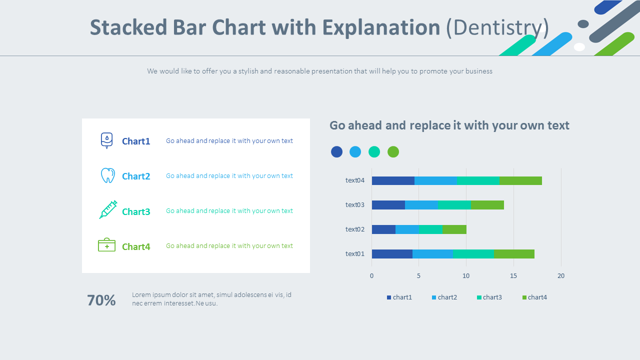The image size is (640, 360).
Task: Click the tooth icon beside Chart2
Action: [x=107, y=175]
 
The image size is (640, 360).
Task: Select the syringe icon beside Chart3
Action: [x=108, y=209]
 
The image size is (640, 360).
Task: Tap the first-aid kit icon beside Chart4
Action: [x=106, y=245]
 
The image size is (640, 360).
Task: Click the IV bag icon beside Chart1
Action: [x=106, y=140]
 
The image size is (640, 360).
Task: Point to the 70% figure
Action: [x=101, y=300]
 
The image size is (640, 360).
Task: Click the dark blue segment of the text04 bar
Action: [x=393, y=180]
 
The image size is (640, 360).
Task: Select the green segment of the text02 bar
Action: [x=454, y=229]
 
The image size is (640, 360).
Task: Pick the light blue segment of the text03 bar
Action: [x=421, y=205]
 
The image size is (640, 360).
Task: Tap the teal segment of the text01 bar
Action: [x=473, y=254]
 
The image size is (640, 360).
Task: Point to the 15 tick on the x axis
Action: [x=513, y=275]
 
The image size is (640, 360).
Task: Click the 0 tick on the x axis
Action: [x=371, y=275]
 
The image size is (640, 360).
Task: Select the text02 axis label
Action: [x=355, y=229]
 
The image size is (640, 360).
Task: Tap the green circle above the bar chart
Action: [x=393, y=152]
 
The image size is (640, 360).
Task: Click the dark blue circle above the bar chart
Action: [x=336, y=152]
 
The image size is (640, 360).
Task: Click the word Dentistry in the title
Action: [x=497, y=27]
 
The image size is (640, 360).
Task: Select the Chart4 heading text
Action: [x=136, y=246]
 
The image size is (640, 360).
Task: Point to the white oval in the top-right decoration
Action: [x=579, y=47]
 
